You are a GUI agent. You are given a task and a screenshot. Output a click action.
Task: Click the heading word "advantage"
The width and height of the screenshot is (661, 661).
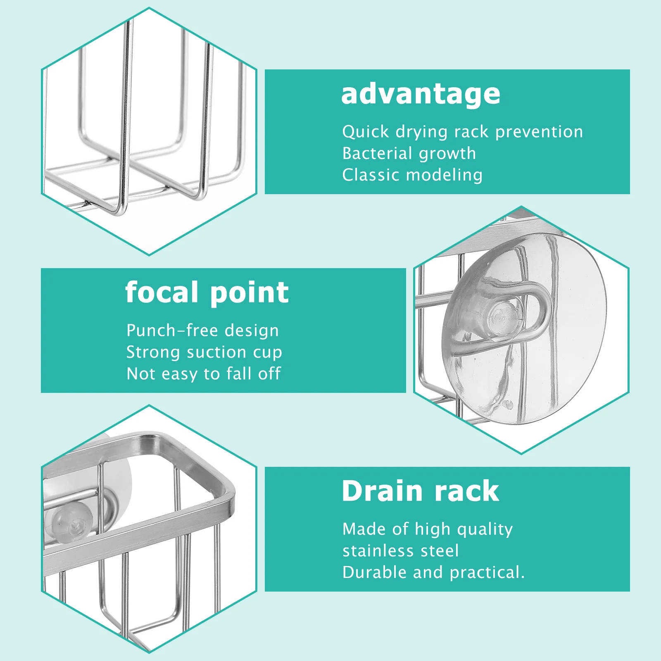(421, 95)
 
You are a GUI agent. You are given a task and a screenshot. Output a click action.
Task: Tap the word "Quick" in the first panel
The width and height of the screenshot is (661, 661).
(366, 132)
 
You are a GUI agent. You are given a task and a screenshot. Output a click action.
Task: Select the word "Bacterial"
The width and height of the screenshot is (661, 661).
(377, 153)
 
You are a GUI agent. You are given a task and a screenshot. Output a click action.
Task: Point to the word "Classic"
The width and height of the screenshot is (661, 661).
(371, 175)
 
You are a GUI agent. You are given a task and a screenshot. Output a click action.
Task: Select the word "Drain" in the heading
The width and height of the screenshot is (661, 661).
(382, 491)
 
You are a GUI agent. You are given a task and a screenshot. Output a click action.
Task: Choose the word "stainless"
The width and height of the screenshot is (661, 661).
(378, 551)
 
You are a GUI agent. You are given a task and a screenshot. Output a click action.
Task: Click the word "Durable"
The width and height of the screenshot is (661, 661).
(375, 572)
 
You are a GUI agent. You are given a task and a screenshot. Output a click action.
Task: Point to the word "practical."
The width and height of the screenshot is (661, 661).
(487, 573)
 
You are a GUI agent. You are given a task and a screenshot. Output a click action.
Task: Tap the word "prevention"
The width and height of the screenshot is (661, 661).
(539, 132)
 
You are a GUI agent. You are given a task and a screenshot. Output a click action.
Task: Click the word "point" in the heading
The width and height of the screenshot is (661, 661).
(250, 293)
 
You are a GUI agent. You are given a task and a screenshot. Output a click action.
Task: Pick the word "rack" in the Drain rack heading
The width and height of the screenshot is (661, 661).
(466, 491)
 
